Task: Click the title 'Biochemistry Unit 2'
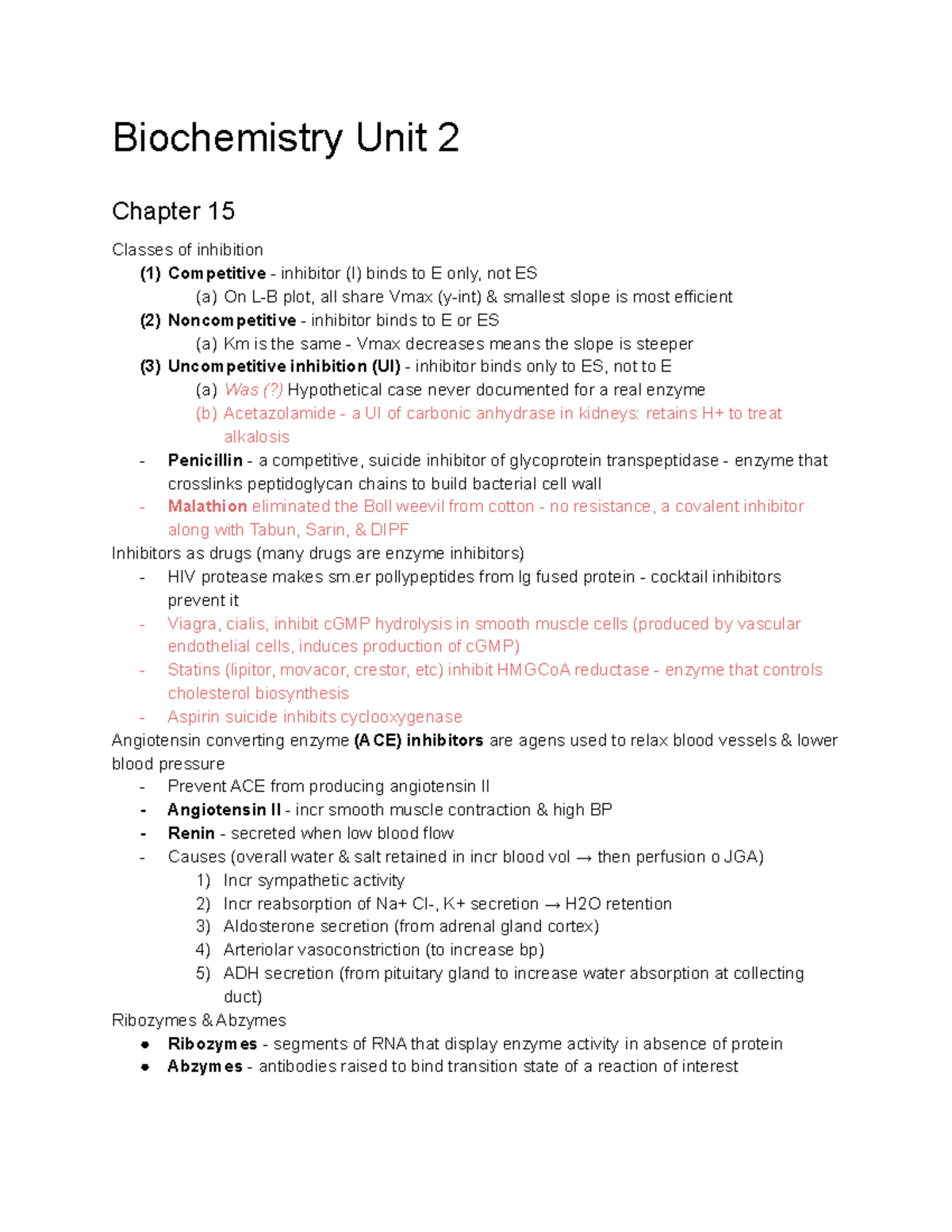pos(286,138)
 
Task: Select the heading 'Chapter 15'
pos(173,211)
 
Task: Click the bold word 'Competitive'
pos(217,274)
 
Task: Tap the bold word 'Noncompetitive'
pos(232,320)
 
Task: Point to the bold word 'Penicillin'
pos(205,461)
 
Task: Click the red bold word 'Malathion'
pos(207,507)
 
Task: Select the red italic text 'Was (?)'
pos(253,390)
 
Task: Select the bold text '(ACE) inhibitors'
pos(418,741)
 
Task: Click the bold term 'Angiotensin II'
pos(224,810)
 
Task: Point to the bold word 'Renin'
pos(191,834)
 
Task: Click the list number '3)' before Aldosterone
pos(203,927)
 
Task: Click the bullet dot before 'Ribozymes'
pos(145,1045)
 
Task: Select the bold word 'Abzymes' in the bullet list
pos(205,1067)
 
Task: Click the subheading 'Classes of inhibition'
pos(187,250)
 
